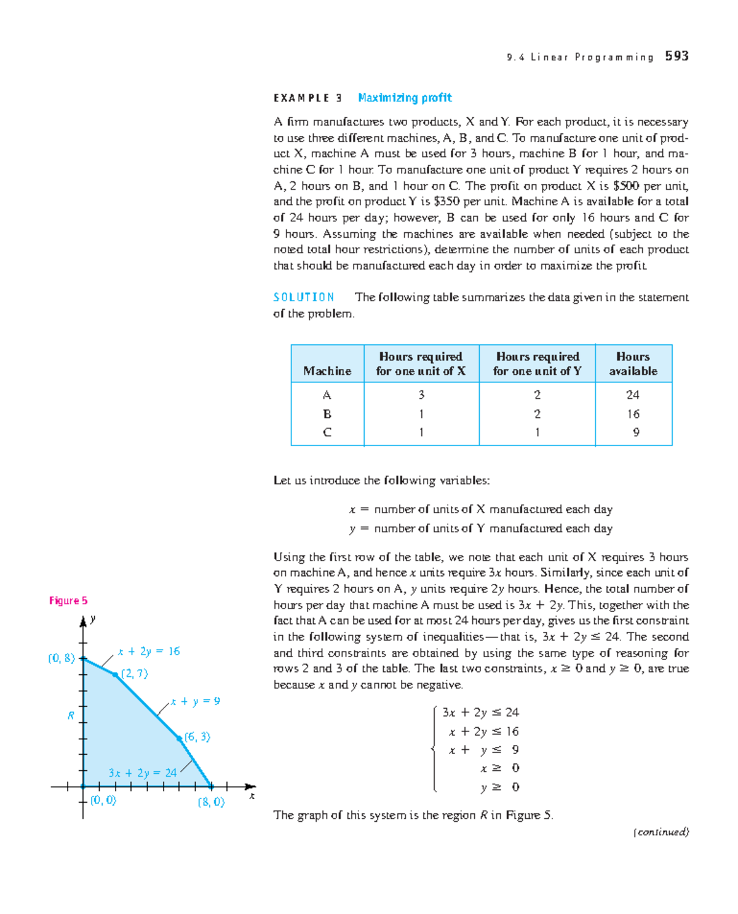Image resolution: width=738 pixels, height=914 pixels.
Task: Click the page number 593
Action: point(676,56)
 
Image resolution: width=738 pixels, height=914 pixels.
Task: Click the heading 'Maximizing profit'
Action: point(405,98)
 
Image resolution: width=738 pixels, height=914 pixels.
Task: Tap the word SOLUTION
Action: point(304,297)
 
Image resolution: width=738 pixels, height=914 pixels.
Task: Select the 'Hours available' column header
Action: point(633,364)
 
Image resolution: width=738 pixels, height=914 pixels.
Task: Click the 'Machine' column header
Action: point(327,371)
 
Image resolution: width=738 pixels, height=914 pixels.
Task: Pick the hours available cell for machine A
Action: point(633,395)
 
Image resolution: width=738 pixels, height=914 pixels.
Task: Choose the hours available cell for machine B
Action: point(633,414)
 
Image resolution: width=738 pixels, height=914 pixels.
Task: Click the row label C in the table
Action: point(327,432)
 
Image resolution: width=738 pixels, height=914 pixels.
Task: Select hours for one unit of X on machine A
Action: point(421,395)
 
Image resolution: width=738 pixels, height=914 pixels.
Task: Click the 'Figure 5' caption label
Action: point(68,601)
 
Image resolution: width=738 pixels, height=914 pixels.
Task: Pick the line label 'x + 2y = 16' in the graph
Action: point(149,651)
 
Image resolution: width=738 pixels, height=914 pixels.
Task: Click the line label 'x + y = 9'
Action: point(196,701)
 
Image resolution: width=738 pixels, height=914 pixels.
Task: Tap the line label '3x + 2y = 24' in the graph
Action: point(143,773)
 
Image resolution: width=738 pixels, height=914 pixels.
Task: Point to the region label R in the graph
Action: point(71,715)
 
